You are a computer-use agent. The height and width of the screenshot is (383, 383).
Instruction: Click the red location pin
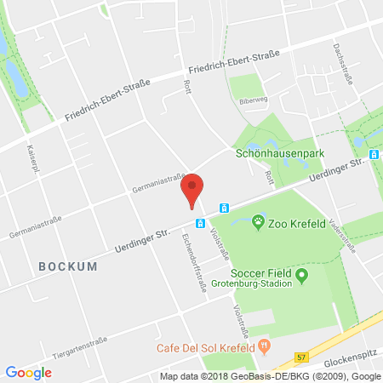click(194, 188)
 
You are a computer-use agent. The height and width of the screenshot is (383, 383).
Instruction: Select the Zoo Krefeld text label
click(295, 225)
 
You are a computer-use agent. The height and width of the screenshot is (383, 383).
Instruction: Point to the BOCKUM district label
click(68, 266)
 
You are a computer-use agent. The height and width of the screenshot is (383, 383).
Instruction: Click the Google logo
click(28, 372)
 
